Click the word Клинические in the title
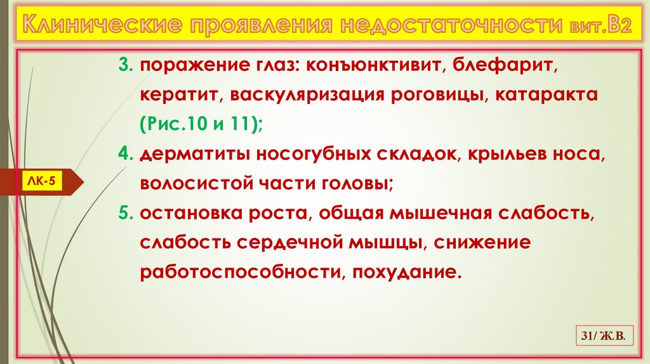click(x=93, y=27)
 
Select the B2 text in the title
click(x=614, y=27)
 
